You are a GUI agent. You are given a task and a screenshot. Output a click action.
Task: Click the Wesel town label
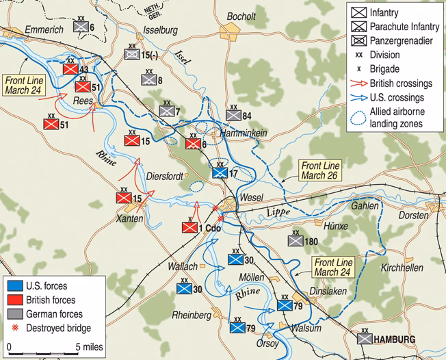[252, 198]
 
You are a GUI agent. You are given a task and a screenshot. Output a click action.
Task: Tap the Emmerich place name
[42, 30]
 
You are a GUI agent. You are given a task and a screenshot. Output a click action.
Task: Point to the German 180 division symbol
[295, 241]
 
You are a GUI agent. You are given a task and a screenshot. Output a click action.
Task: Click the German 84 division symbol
[233, 115]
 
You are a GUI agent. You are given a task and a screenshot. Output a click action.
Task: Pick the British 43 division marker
[69, 69]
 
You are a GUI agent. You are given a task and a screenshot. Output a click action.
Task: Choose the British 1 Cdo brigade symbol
[189, 227]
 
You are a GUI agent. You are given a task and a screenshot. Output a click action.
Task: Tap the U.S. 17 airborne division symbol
[219, 173]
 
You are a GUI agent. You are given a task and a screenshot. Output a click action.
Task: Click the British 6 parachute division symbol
[193, 144]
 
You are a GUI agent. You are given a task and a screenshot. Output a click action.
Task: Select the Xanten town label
[131, 218]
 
